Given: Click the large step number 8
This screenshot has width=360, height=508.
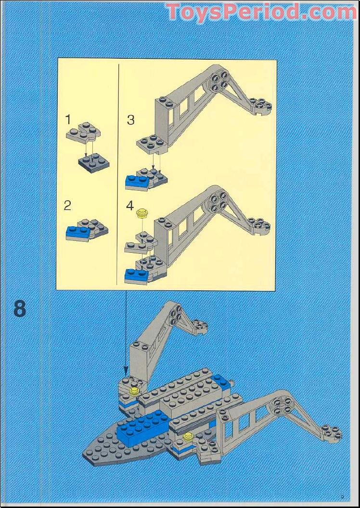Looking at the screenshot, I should [x=20, y=309].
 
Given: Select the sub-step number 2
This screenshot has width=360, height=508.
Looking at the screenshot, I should [x=67, y=206].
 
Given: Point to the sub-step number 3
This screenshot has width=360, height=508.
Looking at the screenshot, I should [x=130, y=120].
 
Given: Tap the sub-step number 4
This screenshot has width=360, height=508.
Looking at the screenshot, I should [x=130, y=206].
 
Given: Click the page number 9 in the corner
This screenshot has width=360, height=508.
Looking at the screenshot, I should [x=342, y=497].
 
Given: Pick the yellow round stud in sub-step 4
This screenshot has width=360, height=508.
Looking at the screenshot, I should [x=142, y=213].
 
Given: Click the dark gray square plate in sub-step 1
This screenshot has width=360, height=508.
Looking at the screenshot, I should [x=94, y=163].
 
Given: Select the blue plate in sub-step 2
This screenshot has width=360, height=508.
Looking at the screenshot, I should [x=77, y=234].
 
